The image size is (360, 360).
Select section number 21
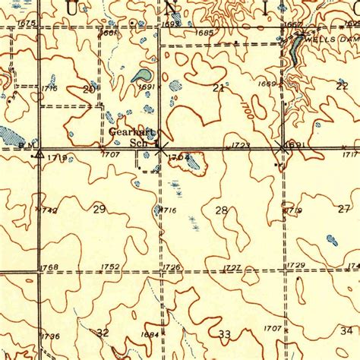point(219,89)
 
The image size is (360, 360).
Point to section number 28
point(222,210)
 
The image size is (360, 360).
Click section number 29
point(99,209)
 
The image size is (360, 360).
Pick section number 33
point(224,334)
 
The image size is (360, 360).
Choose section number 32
point(103,332)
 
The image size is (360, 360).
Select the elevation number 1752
point(111,267)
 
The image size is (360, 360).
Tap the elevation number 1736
point(50,336)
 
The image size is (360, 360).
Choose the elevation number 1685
point(204,33)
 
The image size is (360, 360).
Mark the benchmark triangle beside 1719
point(36,153)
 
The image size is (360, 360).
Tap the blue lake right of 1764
point(195,160)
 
